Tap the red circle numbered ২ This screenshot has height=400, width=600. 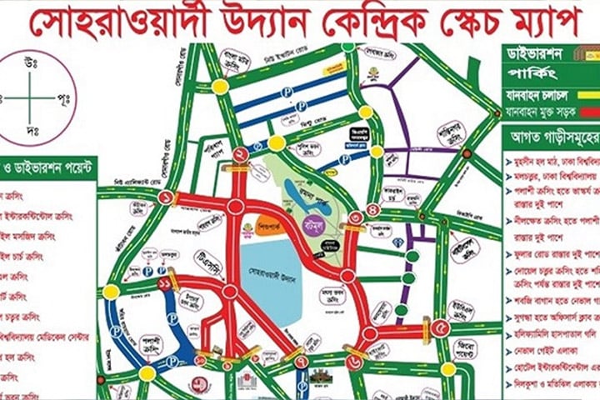point(239,154)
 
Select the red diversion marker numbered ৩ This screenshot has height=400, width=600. point(357,218)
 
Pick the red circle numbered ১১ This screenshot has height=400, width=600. point(164,284)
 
